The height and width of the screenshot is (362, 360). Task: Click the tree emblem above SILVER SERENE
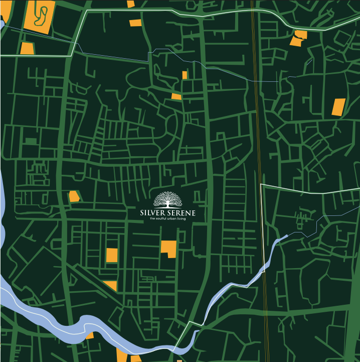point(168,199)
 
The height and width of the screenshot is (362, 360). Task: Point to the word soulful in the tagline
point(159,220)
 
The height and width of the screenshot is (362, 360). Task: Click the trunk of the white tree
point(168,204)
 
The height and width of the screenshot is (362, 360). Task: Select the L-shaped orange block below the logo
point(168,248)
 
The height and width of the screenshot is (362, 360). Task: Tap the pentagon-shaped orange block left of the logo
point(74,196)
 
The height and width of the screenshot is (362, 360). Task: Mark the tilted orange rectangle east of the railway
point(339,107)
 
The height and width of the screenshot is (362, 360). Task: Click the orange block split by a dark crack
point(299,38)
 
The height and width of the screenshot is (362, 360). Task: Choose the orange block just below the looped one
point(27,49)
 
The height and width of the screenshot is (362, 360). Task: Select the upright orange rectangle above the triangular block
point(111,255)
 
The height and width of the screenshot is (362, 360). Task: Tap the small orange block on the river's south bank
point(90,335)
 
